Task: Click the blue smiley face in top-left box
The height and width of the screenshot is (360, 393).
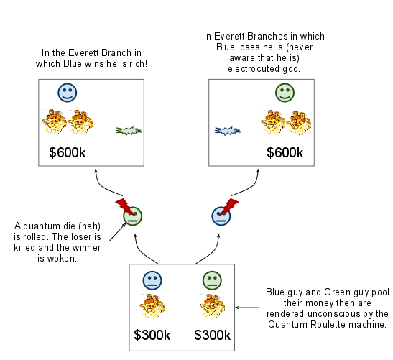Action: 68,92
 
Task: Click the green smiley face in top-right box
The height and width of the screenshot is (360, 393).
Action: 285,92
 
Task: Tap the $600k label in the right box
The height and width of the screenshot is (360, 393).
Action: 285,152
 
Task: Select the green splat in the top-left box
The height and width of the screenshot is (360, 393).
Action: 129,131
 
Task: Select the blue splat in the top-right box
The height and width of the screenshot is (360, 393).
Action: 227,131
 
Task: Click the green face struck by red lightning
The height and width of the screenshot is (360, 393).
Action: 132,215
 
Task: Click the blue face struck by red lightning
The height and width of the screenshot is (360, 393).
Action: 221,215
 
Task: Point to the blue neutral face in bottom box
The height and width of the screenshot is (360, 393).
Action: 152,281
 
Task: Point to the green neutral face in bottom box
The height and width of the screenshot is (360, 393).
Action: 212,281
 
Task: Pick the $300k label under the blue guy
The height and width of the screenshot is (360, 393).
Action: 152,336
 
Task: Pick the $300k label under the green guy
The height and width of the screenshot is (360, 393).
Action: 213,336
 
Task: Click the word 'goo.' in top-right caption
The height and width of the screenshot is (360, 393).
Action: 292,70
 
